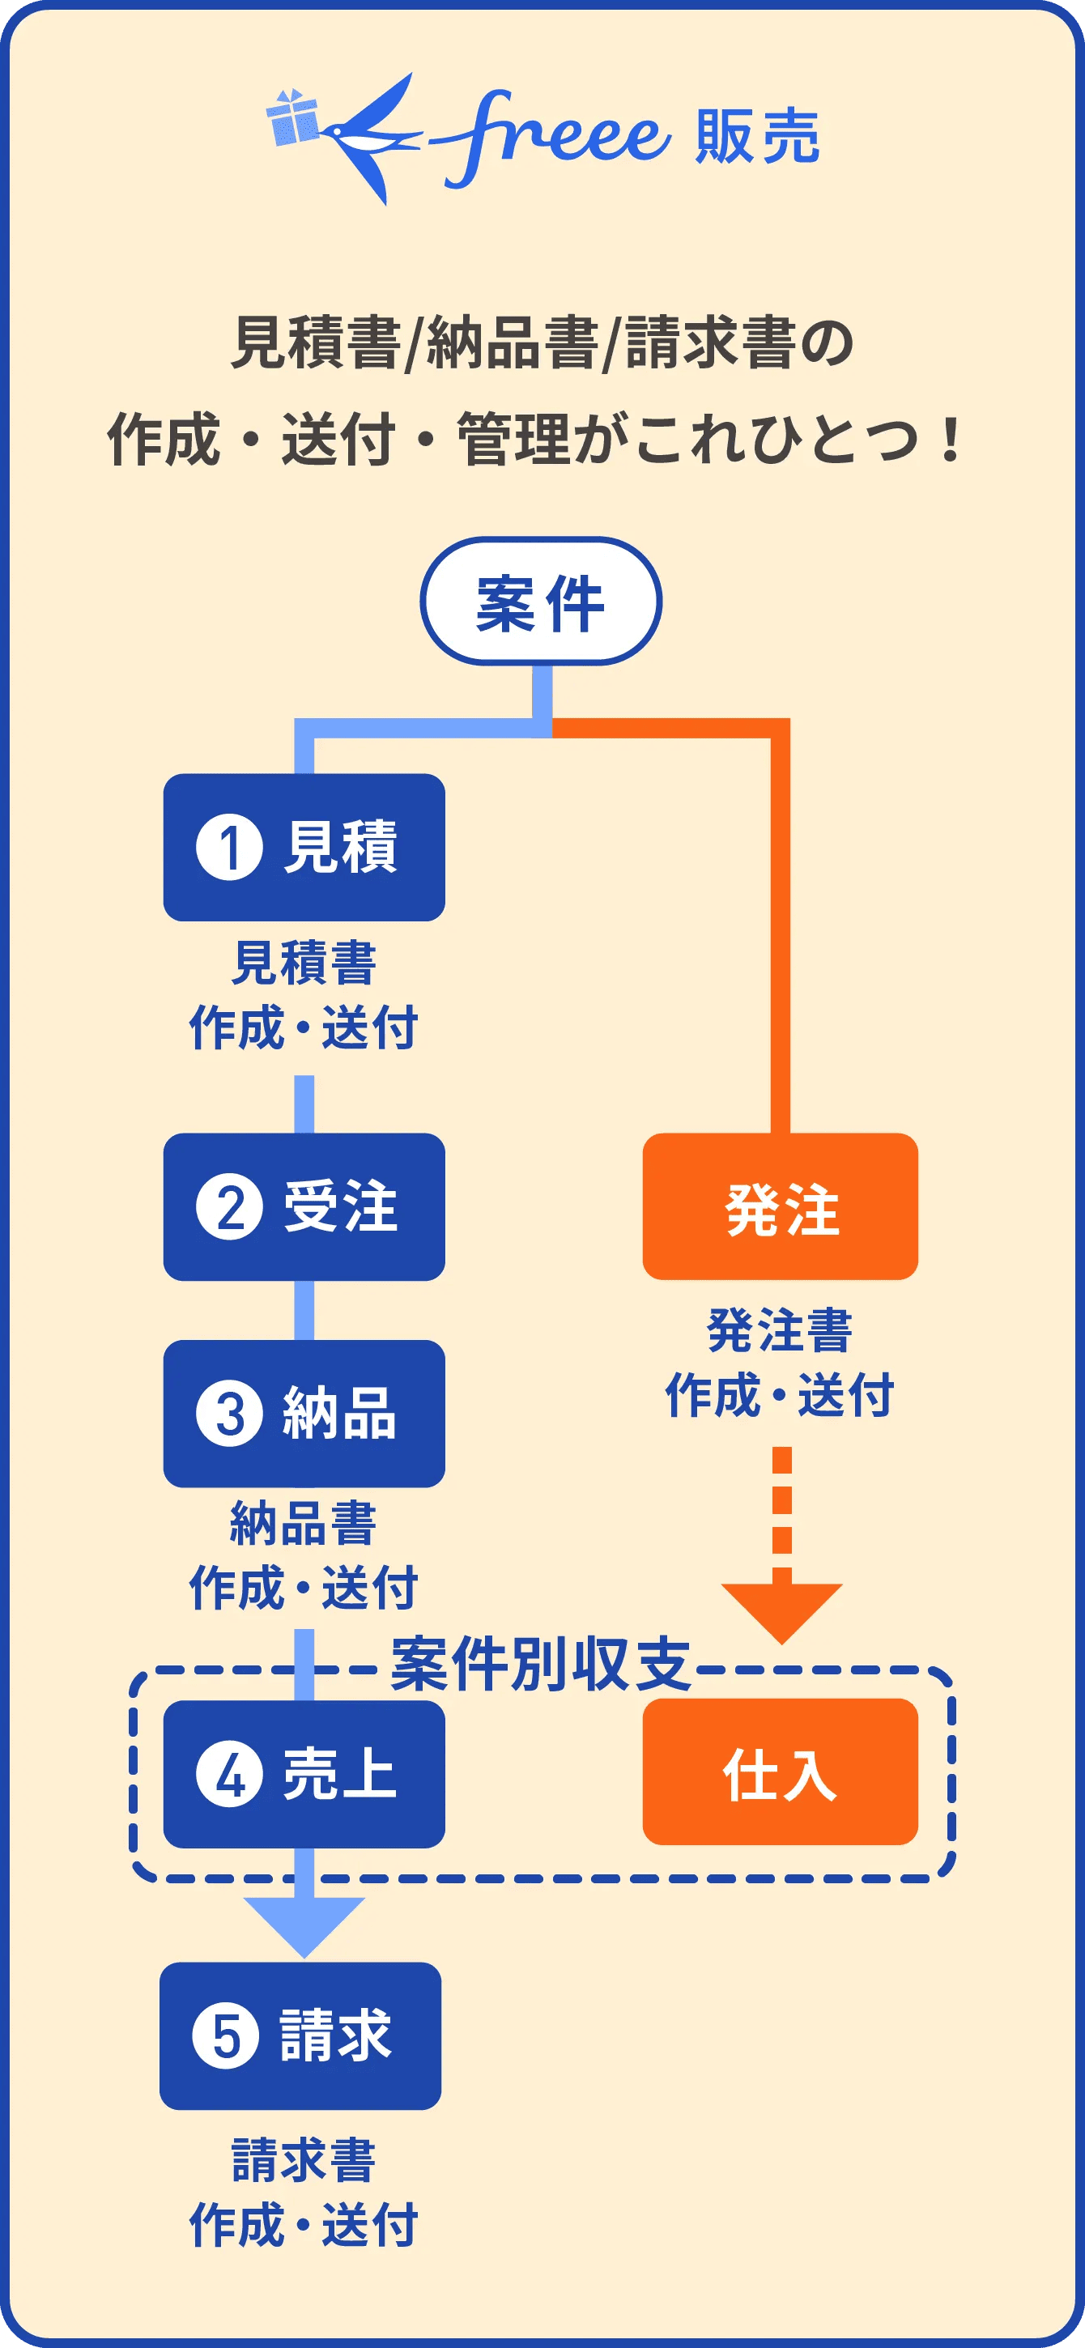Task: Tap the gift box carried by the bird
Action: click(x=294, y=118)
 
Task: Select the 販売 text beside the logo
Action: click(x=757, y=137)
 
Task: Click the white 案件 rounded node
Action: click(x=541, y=602)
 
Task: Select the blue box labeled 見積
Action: click(x=304, y=847)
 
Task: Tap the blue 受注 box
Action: click(x=304, y=1207)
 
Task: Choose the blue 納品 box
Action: click(x=304, y=1413)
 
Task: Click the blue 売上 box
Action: click(x=304, y=1774)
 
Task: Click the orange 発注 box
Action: click(x=781, y=1207)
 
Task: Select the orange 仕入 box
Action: click(x=781, y=1772)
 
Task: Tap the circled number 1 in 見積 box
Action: click(x=229, y=847)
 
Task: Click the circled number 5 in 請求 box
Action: click(x=226, y=2036)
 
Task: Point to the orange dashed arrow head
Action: click(x=781, y=1610)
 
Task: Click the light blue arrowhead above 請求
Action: click(x=304, y=1923)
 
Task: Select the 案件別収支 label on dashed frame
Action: click(x=540, y=1665)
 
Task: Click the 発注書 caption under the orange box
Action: click(x=780, y=1331)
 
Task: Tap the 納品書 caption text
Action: click(x=304, y=1524)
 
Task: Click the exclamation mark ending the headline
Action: click(x=950, y=440)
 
